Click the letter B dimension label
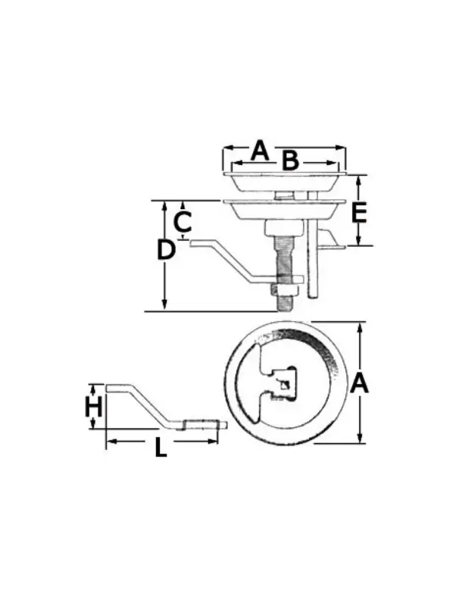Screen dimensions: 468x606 pos(290,161)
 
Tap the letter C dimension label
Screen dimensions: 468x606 pos(183,222)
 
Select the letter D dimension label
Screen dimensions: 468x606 pos(166,249)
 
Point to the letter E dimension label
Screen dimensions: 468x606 pos(359,214)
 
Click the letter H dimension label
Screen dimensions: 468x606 pos(93,407)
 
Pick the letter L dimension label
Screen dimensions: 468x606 pos(161,448)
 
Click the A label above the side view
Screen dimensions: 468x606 pos(260,151)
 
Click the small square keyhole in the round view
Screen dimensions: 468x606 pos(284,385)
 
